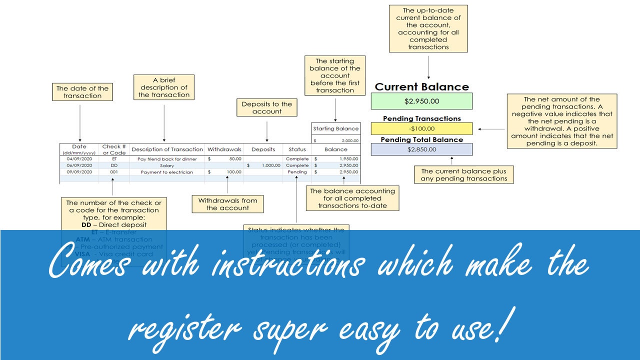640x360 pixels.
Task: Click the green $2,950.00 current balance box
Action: pos(421,101)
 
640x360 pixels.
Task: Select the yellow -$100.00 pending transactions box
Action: pos(421,129)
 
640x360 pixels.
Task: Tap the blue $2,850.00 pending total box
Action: pos(421,149)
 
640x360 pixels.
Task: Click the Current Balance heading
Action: pos(421,86)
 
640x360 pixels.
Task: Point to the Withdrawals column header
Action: pos(224,149)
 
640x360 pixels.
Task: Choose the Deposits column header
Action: pos(263,149)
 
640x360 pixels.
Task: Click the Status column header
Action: pos(297,149)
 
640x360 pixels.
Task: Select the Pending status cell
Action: pos(297,171)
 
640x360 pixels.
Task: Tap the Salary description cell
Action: pos(167,165)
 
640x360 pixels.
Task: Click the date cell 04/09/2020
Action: pos(79,158)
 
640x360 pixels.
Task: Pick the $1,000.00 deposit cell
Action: pos(263,165)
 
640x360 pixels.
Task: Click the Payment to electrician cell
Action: pos(167,171)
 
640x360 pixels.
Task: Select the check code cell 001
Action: pos(114,171)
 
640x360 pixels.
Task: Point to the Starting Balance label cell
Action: pos(335,128)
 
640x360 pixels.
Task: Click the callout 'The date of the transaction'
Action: pos(82,92)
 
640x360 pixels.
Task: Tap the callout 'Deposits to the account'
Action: pos(266,107)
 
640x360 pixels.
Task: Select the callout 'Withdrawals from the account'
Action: pos(227,204)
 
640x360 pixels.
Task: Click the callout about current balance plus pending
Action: pos(464,174)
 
